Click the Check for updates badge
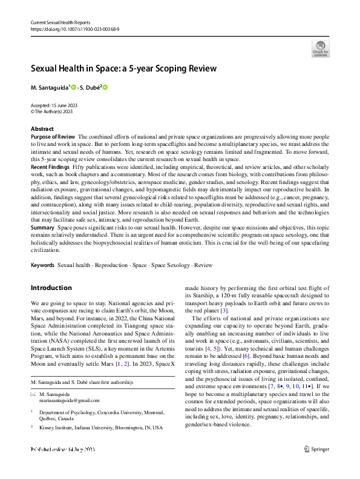[x=320, y=48]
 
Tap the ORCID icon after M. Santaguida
[x=74, y=88]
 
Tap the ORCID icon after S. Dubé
[x=105, y=88]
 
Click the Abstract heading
[x=42, y=129]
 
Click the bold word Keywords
[x=42, y=265]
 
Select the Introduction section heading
[x=51, y=288]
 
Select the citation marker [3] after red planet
[x=224, y=311]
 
